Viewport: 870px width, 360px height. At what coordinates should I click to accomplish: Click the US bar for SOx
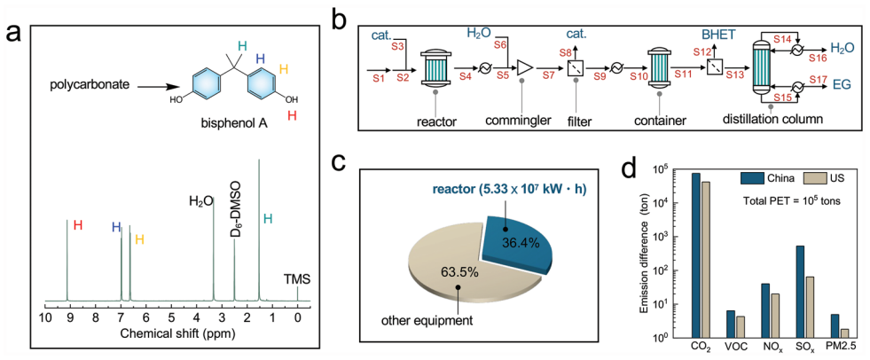(x=809, y=307)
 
